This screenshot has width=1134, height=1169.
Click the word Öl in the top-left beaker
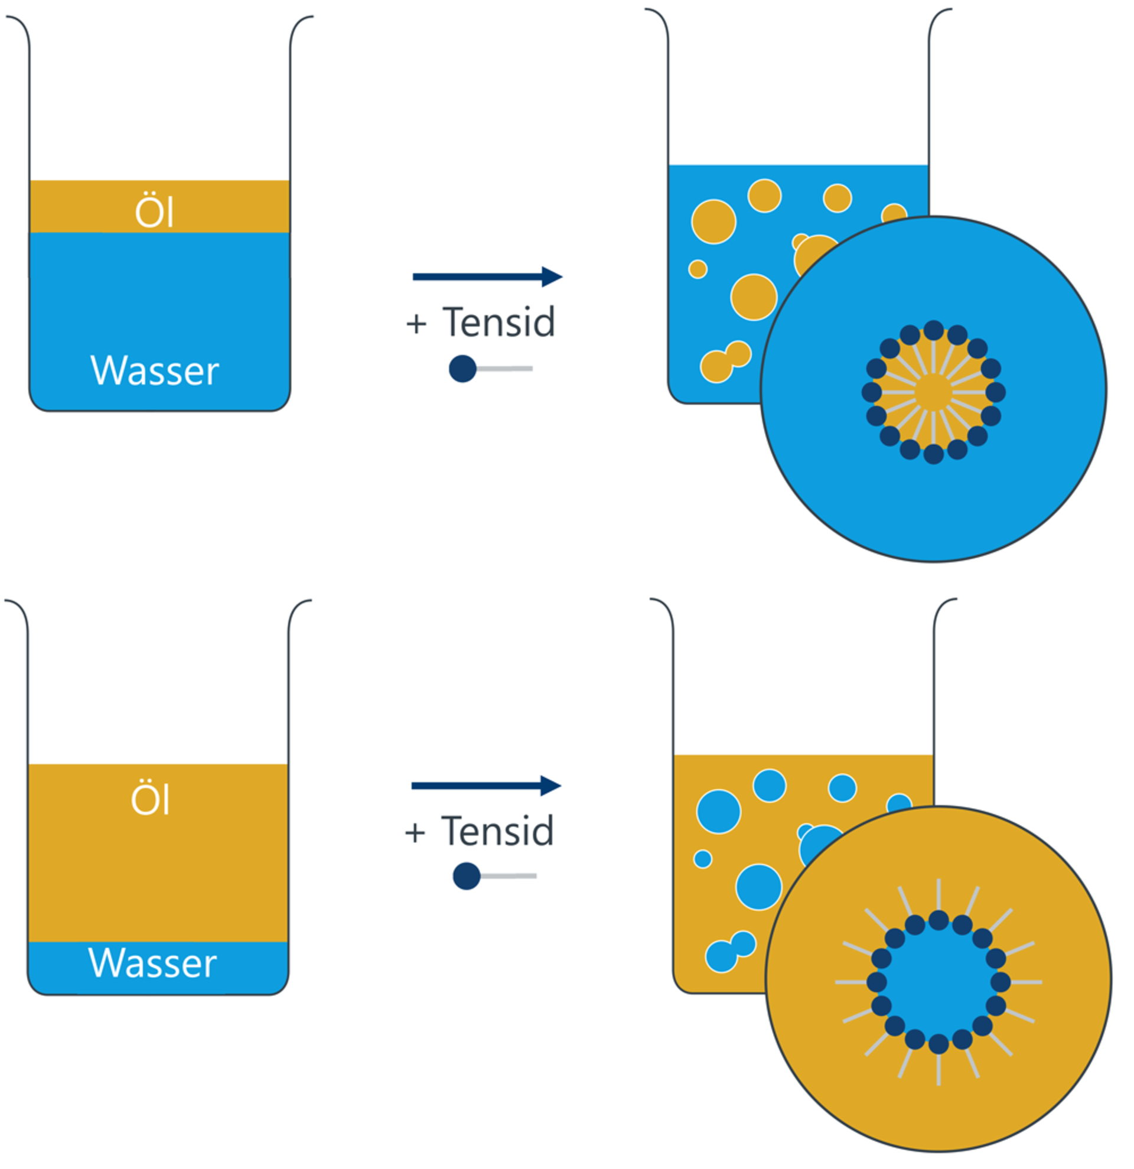(154, 210)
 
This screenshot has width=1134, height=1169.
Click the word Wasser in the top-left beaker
(154, 371)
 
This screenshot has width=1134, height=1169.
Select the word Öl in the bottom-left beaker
(150, 799)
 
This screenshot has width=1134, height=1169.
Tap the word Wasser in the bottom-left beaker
(152, 963)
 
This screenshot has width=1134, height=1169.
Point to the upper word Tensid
(498, 323)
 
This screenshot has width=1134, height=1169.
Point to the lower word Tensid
(497, 832)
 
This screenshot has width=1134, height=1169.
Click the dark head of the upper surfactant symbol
(462, 369)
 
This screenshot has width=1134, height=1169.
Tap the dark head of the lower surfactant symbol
(467, 876)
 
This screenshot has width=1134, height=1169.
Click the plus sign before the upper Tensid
(416, 324)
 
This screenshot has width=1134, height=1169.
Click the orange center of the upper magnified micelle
(933, 392)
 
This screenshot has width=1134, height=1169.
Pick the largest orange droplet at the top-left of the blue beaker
(713, 222)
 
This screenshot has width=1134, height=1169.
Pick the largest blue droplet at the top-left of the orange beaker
(718, 811)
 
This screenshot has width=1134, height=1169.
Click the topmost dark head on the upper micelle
(934, 330)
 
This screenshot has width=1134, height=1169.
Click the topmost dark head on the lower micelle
(939, 920)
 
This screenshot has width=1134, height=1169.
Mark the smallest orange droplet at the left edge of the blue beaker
(698, 269)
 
